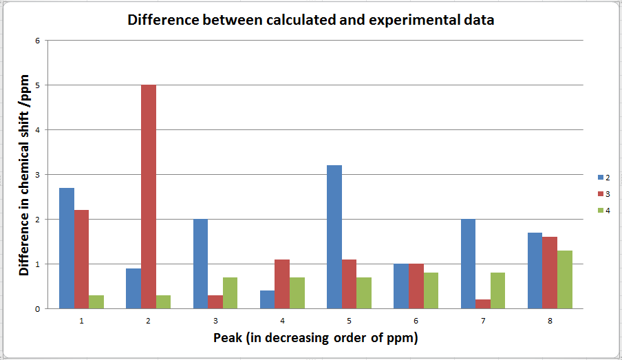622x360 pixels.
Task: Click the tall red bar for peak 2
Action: (149, 196)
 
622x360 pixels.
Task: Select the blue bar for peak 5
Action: (334, 237)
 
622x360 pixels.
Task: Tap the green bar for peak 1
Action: (96, 301)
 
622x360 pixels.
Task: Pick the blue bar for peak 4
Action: (268, 299)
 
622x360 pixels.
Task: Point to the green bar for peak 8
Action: (564, 279)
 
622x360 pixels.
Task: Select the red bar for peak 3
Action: (215, 301)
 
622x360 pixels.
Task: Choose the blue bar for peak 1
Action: (67, 248)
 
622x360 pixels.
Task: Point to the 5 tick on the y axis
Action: (37, 85)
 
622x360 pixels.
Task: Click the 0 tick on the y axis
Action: (37, 308)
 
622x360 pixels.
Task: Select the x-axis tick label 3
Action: (215, 321)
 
